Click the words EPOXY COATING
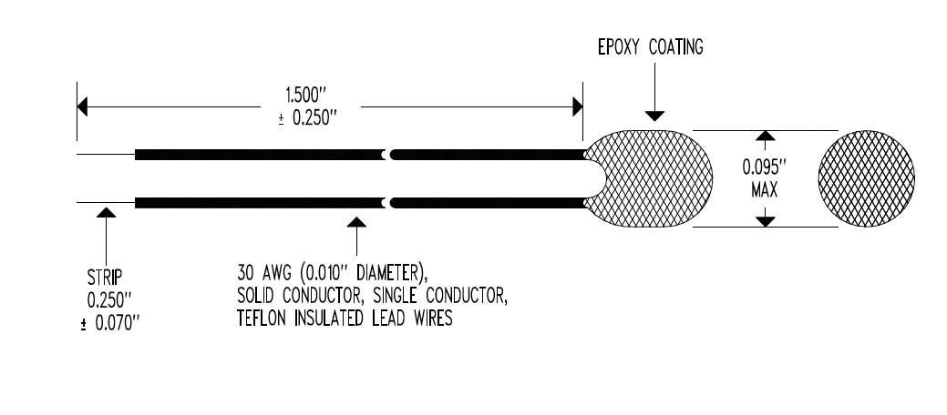[651, 47]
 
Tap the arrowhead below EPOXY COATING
[654, 116]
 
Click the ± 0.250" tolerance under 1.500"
[307, 117]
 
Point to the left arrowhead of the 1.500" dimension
[83, 106]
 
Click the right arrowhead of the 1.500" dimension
[577, 106]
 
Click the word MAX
[765, 190]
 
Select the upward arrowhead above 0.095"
[766, 136]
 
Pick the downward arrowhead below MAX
[766, 221]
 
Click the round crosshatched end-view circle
[867, 178]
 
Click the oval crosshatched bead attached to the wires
[649, 178]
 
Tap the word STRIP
[105, 278]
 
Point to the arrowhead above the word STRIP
[106, 212]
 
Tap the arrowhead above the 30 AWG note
[356, 222]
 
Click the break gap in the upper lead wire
[387, 155]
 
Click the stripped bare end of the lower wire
[106, 203]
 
